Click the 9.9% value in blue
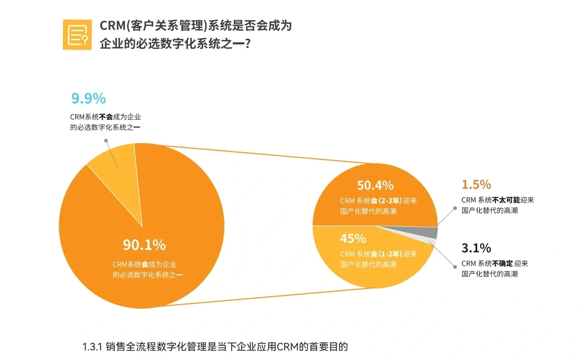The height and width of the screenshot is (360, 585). tap(88, 98)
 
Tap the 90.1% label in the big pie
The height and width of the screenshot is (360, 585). tap(144, 245)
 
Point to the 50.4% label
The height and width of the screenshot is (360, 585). tap(375, 185)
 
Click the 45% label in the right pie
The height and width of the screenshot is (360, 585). tap(352, 238)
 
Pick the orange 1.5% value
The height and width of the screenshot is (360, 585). tap(476, 185)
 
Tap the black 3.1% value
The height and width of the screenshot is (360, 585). tap(476, 248)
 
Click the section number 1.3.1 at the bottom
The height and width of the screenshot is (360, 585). tap(92, 347)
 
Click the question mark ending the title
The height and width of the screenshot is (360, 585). tap(248, 44)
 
